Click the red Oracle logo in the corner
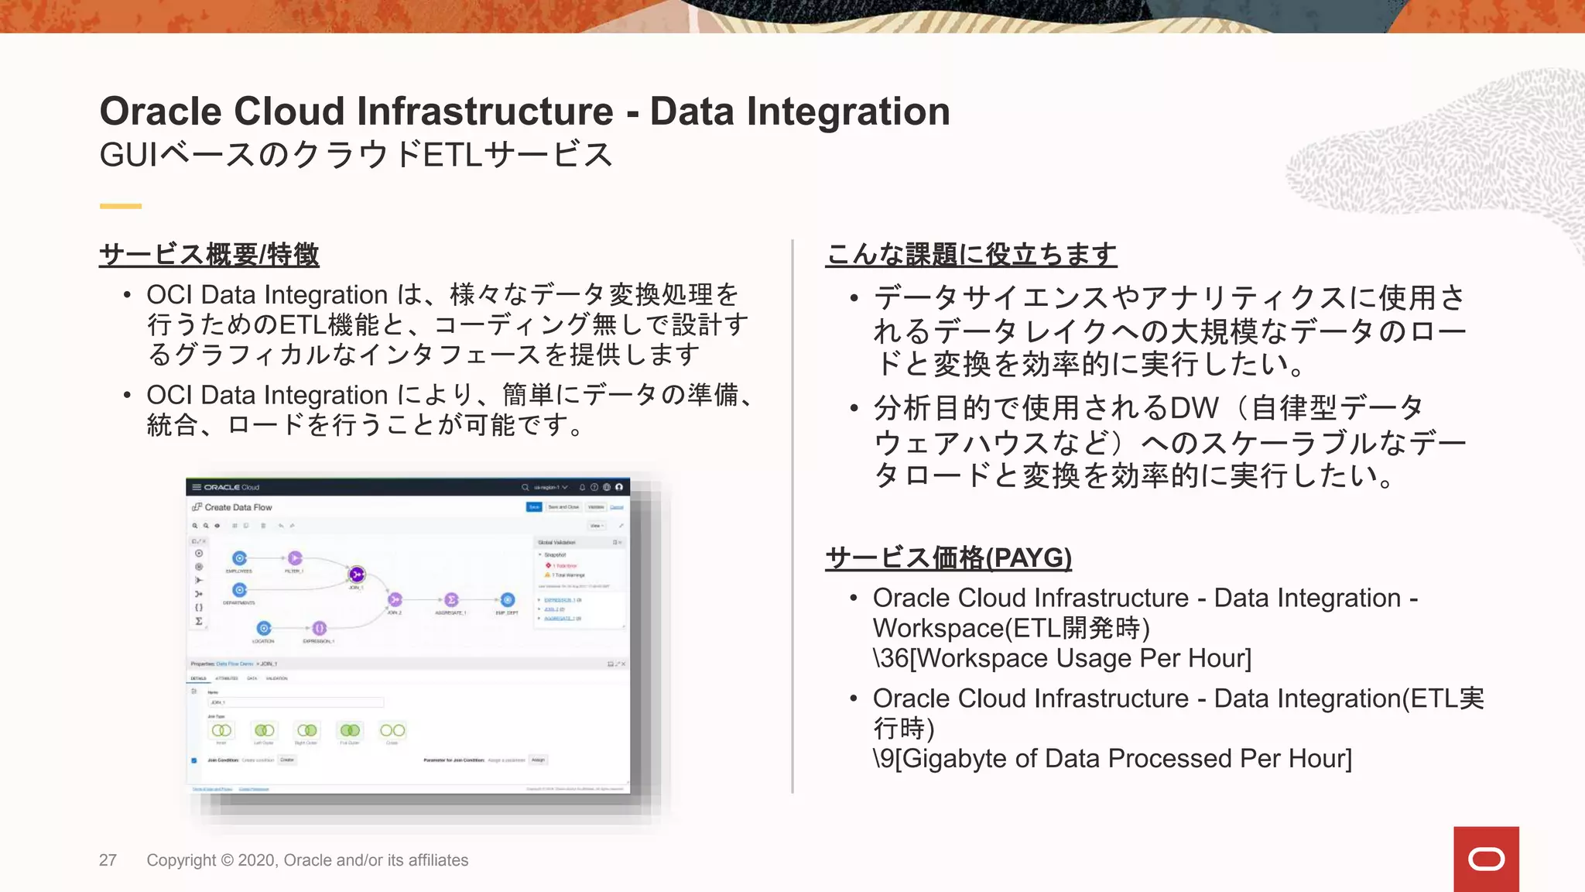[1485, 859]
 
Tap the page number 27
[108, 860]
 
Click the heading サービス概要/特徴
[209, 255]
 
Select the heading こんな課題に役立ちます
[971, 255]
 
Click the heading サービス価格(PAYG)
[948, 557]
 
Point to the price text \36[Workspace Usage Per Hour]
[1062, 658]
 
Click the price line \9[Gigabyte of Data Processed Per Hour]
[1112, 758]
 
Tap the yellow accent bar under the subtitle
[120, 206]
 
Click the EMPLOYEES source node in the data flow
[239, 558]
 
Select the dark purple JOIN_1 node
[357, 575]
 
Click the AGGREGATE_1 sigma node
[451, 600]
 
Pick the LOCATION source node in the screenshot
[264, 628]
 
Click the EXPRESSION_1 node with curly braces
[319, 628]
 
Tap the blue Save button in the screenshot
[534, 507]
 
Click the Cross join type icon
[392, 730]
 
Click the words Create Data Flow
[238, 507]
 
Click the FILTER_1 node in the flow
[295, 558]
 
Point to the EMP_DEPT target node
[508, 600]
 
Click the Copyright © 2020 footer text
[307, 860]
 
